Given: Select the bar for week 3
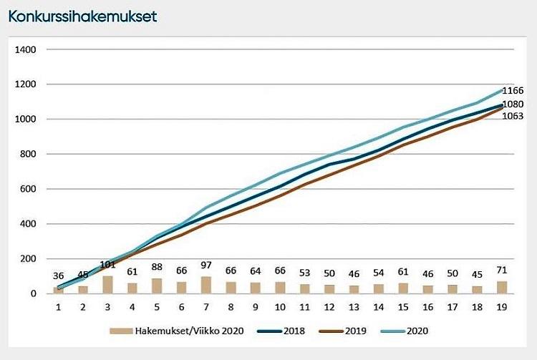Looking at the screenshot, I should click(107, 284).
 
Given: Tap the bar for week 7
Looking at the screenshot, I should click(206, 285).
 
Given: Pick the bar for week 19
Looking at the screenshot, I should click(503, 287).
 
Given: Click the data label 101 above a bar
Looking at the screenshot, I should click(107, 265).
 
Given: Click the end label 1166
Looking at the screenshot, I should click(513, 91).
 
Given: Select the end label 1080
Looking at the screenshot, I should click(513, 104).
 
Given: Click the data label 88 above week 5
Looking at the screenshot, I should click(157, 270).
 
